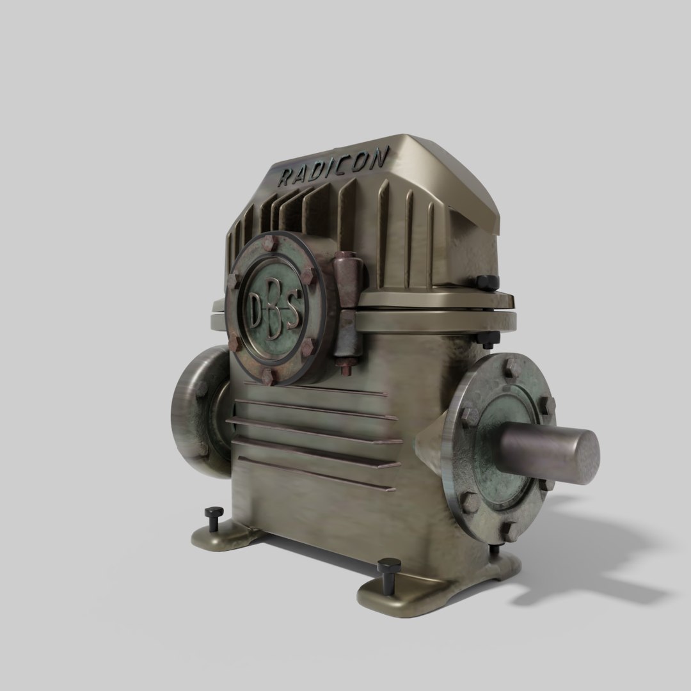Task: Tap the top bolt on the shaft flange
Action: (512, 368)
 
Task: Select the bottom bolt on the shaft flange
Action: (510, 530)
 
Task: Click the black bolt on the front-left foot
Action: (214, 517)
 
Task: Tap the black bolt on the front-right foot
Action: (388, 569)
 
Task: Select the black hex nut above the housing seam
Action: (486, 283)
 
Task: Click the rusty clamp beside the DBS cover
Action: (349, 307)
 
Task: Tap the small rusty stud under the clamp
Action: (347, 370)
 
